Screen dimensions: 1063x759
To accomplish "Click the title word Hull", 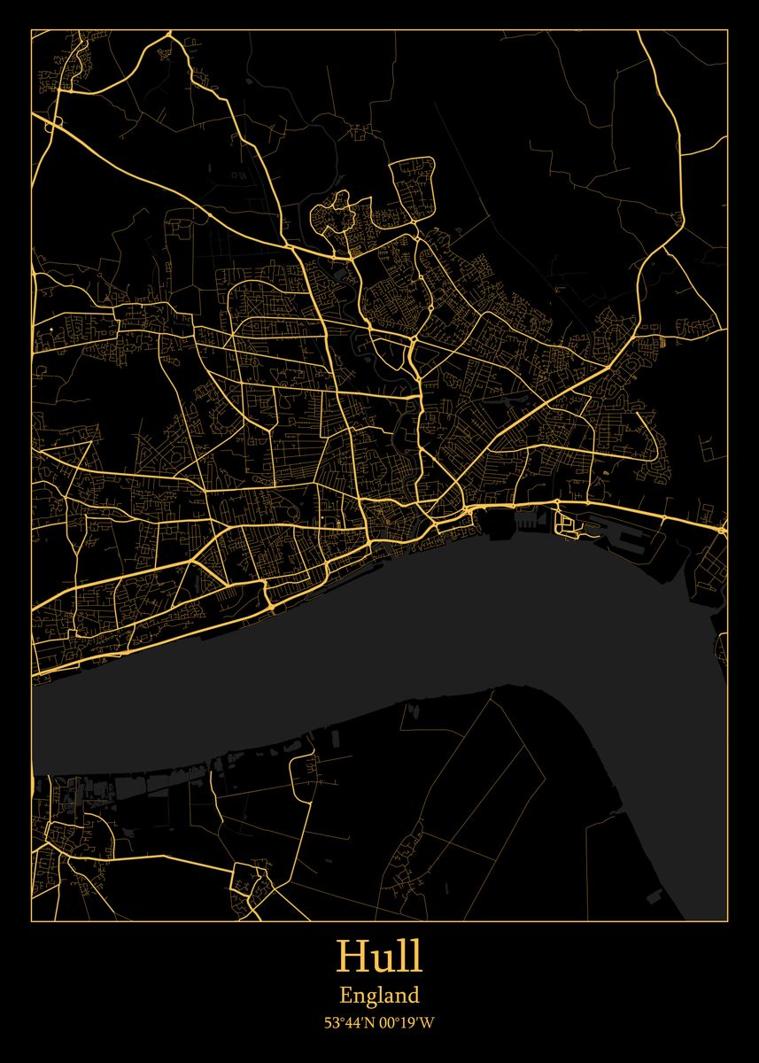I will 379,958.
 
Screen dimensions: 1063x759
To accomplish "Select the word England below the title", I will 379,996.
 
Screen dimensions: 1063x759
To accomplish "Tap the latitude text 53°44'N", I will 349,1023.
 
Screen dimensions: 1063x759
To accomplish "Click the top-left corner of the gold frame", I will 31,29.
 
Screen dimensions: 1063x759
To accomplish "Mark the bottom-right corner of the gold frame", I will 727,921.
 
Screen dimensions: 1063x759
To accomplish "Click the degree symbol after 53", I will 341,1020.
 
